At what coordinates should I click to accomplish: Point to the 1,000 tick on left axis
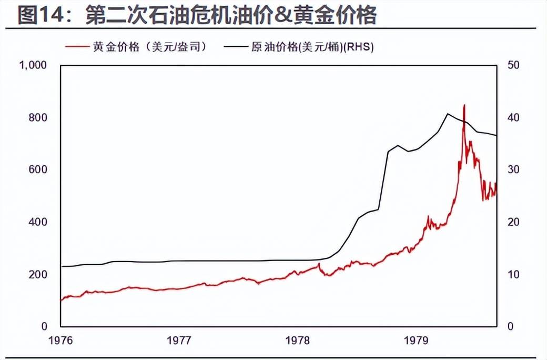coord(33,65)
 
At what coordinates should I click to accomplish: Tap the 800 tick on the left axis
coord(40,117)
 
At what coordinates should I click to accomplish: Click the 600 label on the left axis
coord(40,169)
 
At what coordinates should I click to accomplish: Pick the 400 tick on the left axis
coord(40,222)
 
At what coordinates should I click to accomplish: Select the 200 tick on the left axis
coord(40,275)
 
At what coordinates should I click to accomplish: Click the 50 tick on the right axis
coord(513,65)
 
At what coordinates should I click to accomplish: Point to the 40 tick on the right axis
coord(513,117)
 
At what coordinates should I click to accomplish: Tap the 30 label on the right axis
coord(513,169)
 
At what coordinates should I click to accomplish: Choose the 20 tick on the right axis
coord(513,222)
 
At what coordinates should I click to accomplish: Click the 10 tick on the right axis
coord(513,275)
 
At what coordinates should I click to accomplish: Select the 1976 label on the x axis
coord(60,341)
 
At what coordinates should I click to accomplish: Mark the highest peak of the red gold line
coord(464,105)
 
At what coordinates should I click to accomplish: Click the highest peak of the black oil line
coord(447,114)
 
